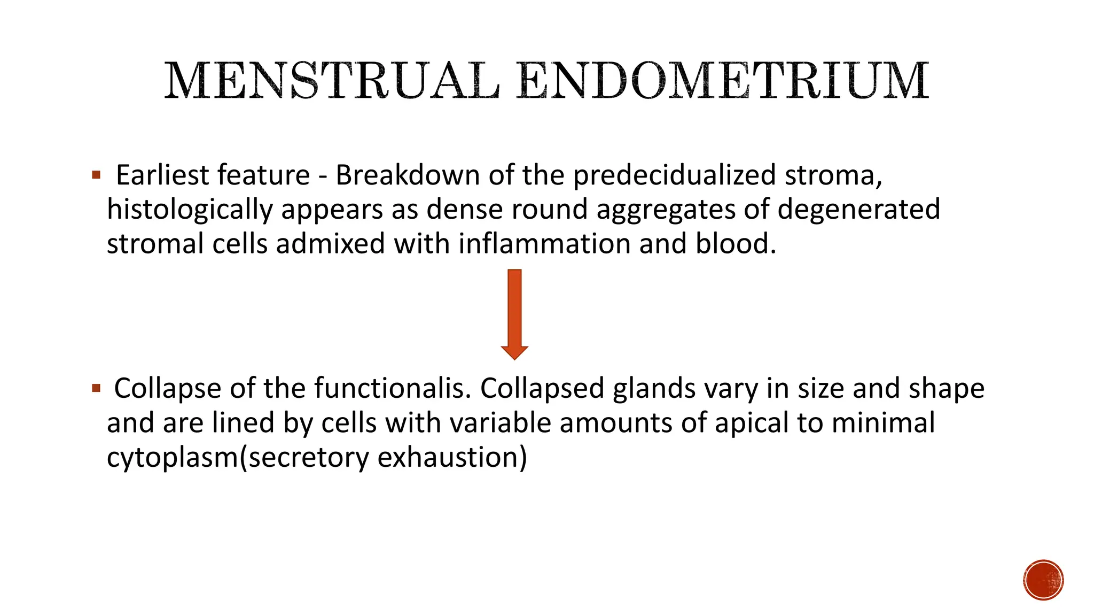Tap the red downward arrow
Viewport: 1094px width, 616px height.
coord(514,314)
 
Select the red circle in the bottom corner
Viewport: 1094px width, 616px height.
coord(1043,580)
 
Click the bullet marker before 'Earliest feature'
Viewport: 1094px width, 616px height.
coord(96,175)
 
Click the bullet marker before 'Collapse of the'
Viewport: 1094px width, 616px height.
coord(96,388)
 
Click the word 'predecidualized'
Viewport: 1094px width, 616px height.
coord(675,175)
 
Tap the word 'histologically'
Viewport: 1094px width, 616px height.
coord(190,209)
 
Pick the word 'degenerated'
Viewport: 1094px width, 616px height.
coord(858,209)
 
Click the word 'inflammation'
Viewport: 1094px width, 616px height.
coord(544,244)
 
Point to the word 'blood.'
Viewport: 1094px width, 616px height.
coord(736,244)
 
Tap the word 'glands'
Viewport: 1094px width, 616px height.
coord(654,388)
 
